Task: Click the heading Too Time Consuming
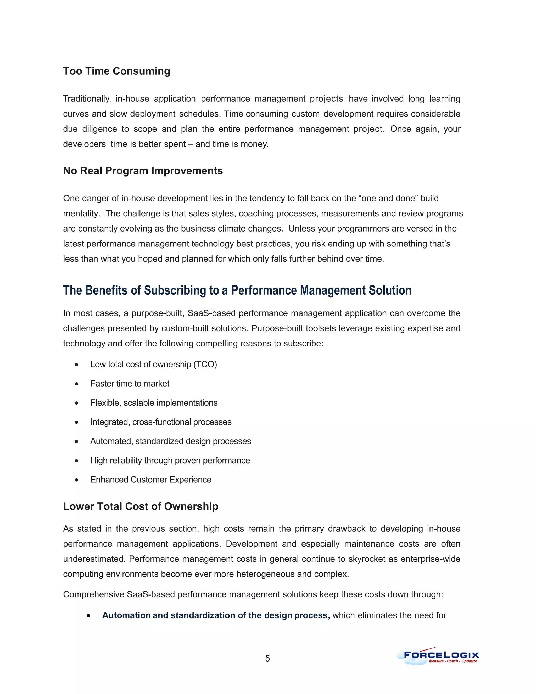coord(116,71)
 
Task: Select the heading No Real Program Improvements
coord(143,171)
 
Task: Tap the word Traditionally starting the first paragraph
coord(87,99)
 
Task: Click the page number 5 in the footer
coord(267,658)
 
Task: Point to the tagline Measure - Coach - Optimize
coord(453,661)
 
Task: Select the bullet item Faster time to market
coord(130,384)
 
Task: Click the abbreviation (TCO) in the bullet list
coord(205,365)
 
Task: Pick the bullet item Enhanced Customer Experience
coord(150,480)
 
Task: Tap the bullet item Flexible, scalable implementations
coord(154,403)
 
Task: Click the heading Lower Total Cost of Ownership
coord(141,506)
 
